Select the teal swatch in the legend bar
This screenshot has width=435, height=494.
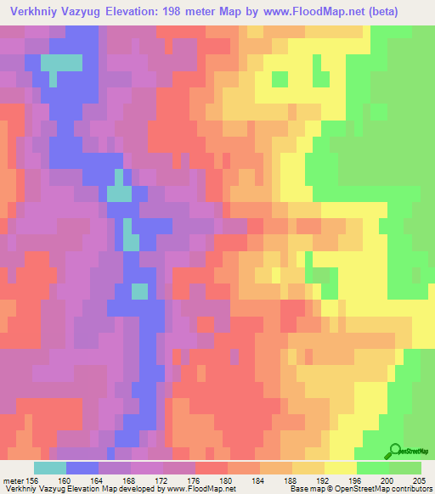pyautogui.click(x=49, y=467)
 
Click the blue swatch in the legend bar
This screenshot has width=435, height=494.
pyautogui.click(x=82, y=467)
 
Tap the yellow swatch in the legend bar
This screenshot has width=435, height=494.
pyautogui.click(x=340, y=467)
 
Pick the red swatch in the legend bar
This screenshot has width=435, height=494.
pyautogui.click(x=211, y=467)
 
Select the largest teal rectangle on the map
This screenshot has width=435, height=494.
pyautogui.click(x=61, y=62)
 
